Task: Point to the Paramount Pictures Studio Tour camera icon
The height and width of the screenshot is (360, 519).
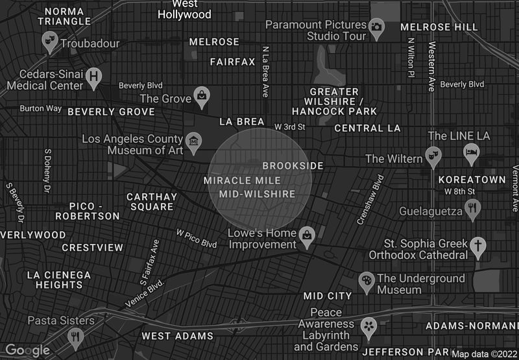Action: [376, 27]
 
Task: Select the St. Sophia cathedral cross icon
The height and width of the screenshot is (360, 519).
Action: [478, 247]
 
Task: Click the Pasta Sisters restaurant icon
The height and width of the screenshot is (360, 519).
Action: [76, 336]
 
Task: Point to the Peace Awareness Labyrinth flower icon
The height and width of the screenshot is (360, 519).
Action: [368, 325]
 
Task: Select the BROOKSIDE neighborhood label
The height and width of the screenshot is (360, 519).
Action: [293, 166]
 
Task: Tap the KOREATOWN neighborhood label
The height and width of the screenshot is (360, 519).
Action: [472, 179]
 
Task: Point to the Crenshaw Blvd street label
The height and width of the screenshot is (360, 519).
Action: [371, 200]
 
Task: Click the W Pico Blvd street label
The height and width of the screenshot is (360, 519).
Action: [197, 237]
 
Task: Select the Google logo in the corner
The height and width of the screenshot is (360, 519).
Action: [27, 350]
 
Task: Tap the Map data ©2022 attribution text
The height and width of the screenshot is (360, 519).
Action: [484, 354]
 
